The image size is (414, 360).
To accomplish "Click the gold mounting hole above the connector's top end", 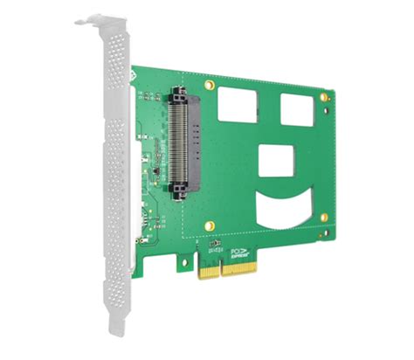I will [x=209, y=86].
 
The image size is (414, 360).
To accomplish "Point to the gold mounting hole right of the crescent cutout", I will [x=324, y=217].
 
